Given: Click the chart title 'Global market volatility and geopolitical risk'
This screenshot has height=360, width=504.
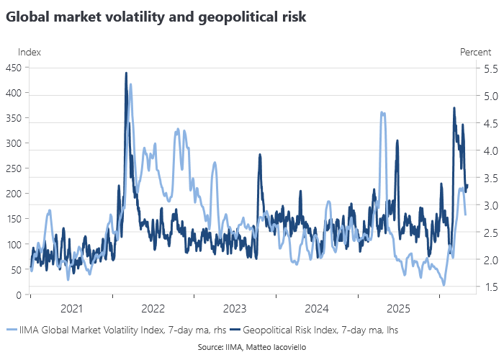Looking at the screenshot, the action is coord(156,17).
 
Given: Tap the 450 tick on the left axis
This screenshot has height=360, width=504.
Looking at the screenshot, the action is coord(14,68).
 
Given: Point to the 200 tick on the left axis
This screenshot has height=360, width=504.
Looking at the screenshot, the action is coord(14,194).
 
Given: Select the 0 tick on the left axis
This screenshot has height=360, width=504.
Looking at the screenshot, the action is coord(19,294).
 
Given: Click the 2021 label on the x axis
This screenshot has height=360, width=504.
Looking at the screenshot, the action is coord(71,309).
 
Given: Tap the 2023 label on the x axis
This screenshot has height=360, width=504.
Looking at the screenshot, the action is coord(235,309).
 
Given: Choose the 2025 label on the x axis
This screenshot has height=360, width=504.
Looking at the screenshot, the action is coord(399,309).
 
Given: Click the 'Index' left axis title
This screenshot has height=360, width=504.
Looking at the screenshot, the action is coord(30,52).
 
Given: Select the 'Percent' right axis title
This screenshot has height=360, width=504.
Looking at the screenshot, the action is coord(475,52).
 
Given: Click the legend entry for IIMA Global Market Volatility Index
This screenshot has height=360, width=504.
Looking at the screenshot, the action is coord(117,330).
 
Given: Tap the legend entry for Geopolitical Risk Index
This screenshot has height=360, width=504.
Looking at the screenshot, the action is coord(315,330).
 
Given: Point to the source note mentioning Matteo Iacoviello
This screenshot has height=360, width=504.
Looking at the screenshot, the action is coord(252,347).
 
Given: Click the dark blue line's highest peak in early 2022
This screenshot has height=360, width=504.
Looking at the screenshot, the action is coord(126,73).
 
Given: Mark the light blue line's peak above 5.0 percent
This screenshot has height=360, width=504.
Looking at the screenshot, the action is coord(130,84).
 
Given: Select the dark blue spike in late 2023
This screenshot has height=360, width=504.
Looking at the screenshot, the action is coord(260,155).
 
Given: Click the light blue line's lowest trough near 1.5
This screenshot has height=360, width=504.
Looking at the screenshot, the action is coord(444,285).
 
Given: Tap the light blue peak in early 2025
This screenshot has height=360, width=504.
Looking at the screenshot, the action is coord(382,113).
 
